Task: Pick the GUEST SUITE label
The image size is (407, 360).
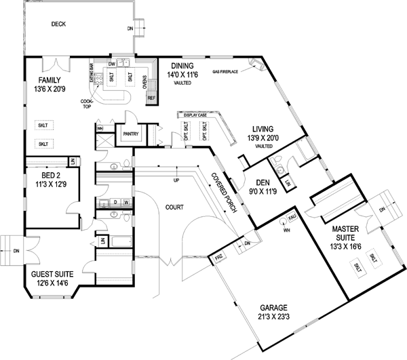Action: point(52,275)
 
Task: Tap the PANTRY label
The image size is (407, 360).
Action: point(130,134)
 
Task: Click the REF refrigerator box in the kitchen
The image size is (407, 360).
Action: point(151,98)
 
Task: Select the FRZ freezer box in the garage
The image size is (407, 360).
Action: point(219,258)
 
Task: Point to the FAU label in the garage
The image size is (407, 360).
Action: point(293,216)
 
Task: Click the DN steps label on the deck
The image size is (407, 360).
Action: point(130,29)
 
